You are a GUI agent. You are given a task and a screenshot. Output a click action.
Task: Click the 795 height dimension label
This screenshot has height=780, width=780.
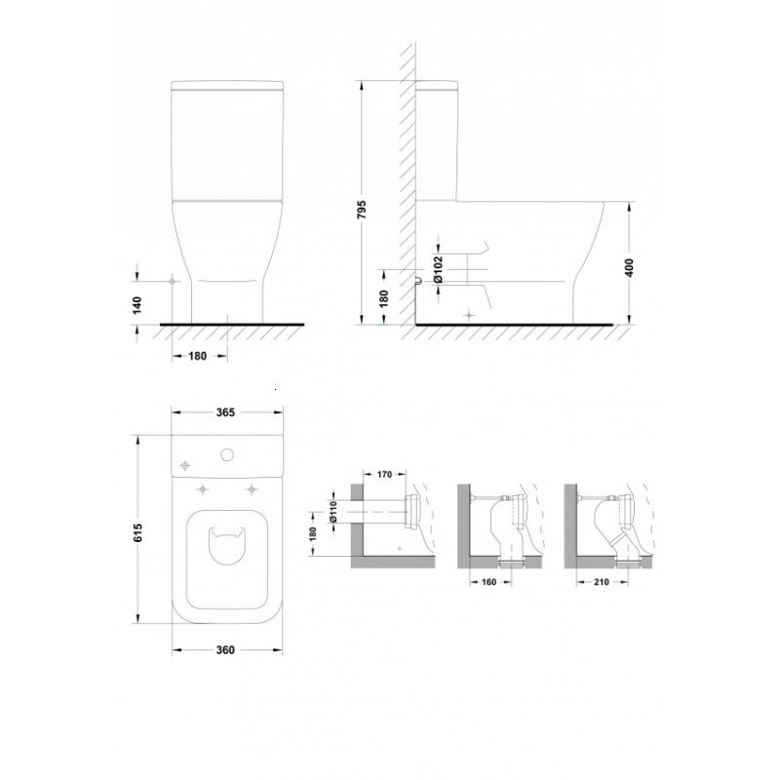tap(362, 210)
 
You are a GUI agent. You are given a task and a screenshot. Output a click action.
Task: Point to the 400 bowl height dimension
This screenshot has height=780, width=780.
tap(629, 268)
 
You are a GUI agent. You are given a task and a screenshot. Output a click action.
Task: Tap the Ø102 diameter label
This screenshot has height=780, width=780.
tap(438, 269)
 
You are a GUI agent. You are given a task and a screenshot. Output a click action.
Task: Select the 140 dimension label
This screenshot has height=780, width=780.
tap(137, 304)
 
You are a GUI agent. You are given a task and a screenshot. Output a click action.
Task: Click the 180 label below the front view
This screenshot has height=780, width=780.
tap(198, 356)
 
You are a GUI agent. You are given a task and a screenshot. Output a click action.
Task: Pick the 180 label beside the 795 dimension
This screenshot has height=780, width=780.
tap(383, 298)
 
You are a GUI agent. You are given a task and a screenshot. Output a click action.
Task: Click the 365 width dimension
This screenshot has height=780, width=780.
tap(225, 412)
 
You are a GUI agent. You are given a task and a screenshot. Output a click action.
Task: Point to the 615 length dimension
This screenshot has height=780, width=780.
tap(137, 532)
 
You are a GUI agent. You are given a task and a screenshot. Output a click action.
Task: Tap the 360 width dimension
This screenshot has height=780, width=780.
tap(225, 650)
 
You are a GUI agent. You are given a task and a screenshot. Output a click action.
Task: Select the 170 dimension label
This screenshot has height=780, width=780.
tap(384, 475)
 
